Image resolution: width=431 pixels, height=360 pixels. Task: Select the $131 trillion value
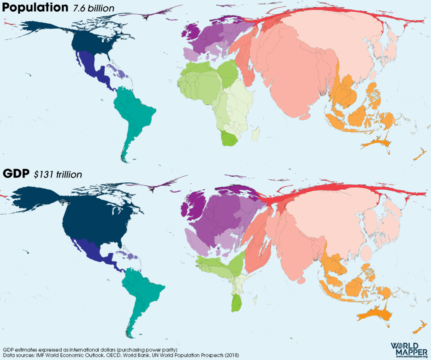pyautogui.click(x=58, y=174)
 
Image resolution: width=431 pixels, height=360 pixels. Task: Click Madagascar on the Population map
pyautogui.click(x=256, y=134)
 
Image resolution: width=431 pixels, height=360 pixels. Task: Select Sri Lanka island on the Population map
pyautogui.click(x=305, y=117)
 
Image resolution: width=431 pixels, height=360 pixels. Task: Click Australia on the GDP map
pyautogui.click(x=375, y=315)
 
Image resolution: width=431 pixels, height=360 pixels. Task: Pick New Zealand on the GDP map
pyautogui.click(x=418, y=330)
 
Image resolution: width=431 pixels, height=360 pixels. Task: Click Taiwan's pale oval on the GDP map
pyautogui.click(x=366, y=253)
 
